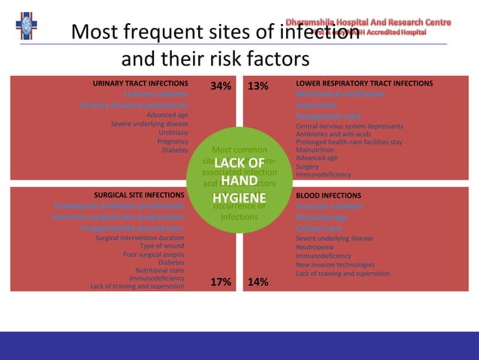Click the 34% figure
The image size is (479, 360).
221,86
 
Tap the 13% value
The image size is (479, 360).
258,86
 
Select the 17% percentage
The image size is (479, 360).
221,282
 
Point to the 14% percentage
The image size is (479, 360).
258,282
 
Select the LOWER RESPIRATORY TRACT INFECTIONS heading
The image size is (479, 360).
364,83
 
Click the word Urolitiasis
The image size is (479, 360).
173,132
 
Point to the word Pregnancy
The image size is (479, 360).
173,141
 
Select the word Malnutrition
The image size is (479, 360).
315,150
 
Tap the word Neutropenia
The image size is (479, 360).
315,247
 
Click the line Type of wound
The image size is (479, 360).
162,246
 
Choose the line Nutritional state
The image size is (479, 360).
160,271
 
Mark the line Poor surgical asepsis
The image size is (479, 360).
154,254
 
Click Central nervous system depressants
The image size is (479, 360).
349,126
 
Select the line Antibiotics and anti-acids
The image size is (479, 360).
333,135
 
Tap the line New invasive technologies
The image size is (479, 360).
335,265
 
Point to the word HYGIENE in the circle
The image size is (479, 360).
239,197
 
